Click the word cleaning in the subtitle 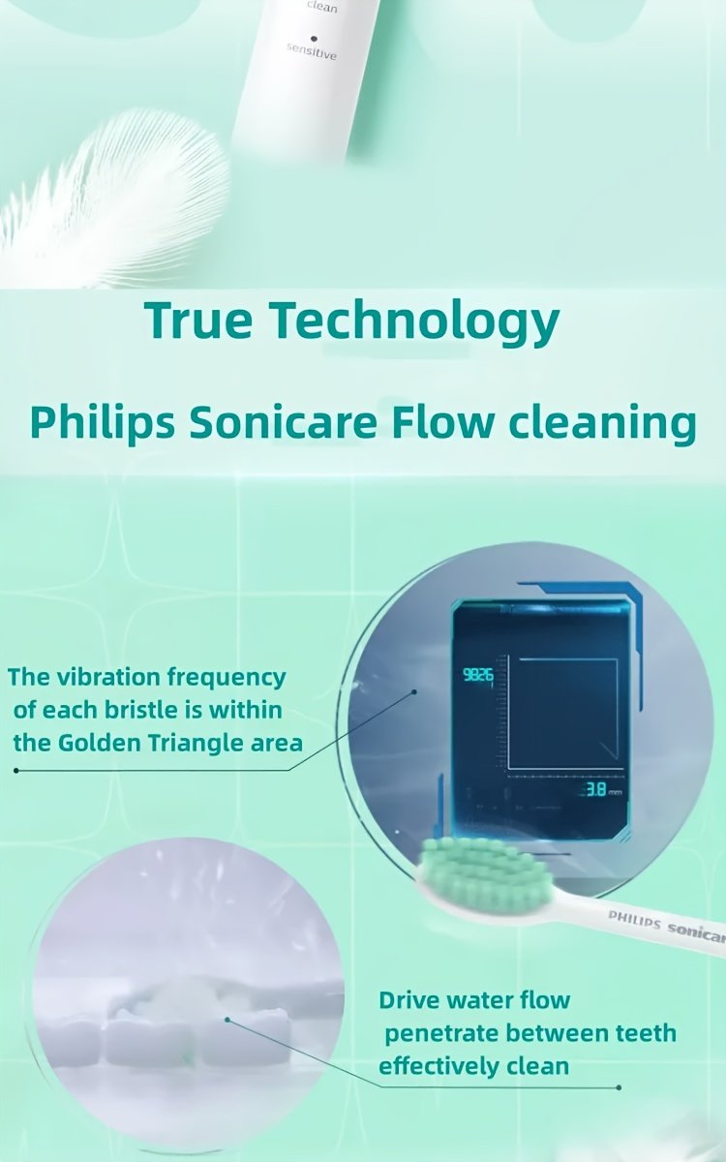click(x=602, y=424)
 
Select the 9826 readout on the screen click(x=477, y=675)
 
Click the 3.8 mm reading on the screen click(x=596, y=790)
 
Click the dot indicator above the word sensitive click(x=314, y=38)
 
